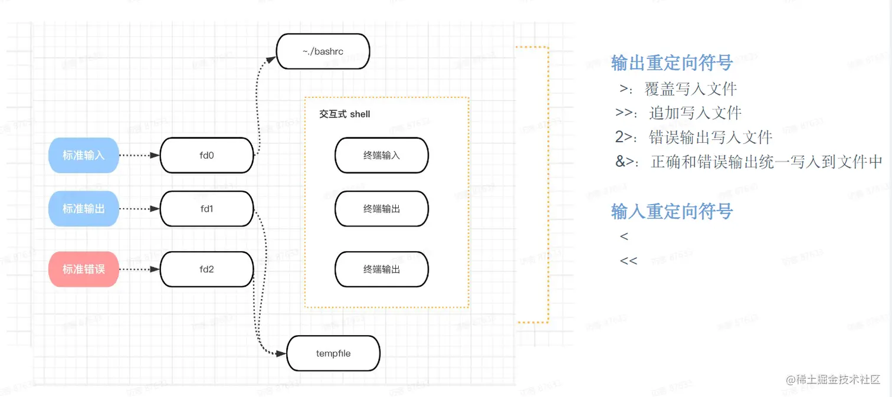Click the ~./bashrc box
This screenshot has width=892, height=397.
pyautogui.click(x=323, y=51)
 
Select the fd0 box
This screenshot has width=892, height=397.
pyautogui.click(x=206, y=156)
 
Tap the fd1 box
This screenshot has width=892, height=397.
pyautogui.click(x=206, y=209)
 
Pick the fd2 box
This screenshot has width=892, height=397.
pyautogui.click(x=206, y=270)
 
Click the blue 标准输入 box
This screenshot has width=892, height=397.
pyautogui.click(x=84, y=156)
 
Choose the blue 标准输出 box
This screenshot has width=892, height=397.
pyautogui.click(x=84, y=209)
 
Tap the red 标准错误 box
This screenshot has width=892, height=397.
pyautogui.click(x=84, y=270)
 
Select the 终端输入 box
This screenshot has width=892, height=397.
pyautogui.click(x=382, y=156)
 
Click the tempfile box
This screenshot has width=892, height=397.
pyautogui.click(x=333, y=354)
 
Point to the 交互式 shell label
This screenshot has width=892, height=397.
pyautogui.click(x=345, y=114)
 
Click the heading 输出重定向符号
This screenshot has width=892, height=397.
pyautogui.click(x=672, y=63)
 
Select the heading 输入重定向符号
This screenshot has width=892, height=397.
pyautogui.click(x=672, y=211)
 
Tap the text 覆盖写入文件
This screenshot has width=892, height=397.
pyautogui.click(x=691, y=89)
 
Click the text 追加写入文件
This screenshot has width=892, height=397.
pyautogui.click(x=696, y=113)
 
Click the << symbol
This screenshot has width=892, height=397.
pyautogui.click(x=629, y=260)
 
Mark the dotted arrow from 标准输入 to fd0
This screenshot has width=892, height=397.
pyautogui.click(x=139, y=156)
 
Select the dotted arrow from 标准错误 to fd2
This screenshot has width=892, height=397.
pyautogui.click(x=139, y=270)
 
